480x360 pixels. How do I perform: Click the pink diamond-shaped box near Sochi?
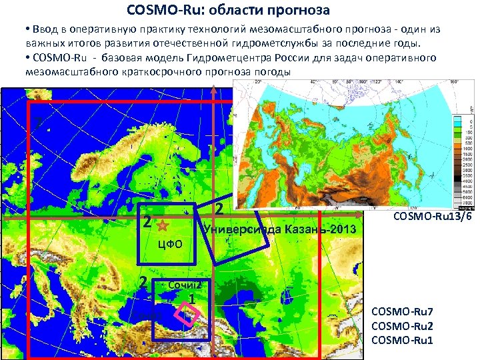(x=187, y=314)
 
